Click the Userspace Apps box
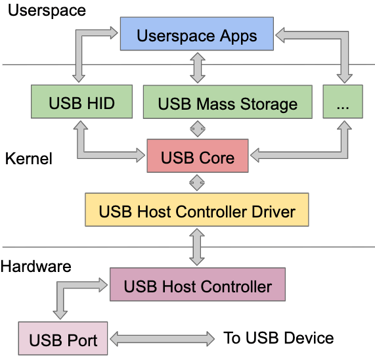pyautogui.click(x=196, y=35)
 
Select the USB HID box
pyautogui.click(x=81, y=103)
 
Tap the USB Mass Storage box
pyautogui.click(x=227, y=104)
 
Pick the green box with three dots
pyautogui.click(x=342, y=103)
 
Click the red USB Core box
pyautogui.click(x=197, y=158)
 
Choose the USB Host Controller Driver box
pyautogui.click(x=197, y=212)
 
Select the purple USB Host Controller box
pyautogui.click(x=197, y=286)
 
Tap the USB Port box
pyautogui.click(x=62, y=340)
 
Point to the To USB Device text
pyautogui.click(x=278, y=338)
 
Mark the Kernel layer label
pyautogui.click(x=28, y=159)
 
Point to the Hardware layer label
pyautogui.click(x=35, y=267)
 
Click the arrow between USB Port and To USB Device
pyautogui.click(x=162, y=339)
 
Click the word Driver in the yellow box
pyautogui.click(x=269, y=212)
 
